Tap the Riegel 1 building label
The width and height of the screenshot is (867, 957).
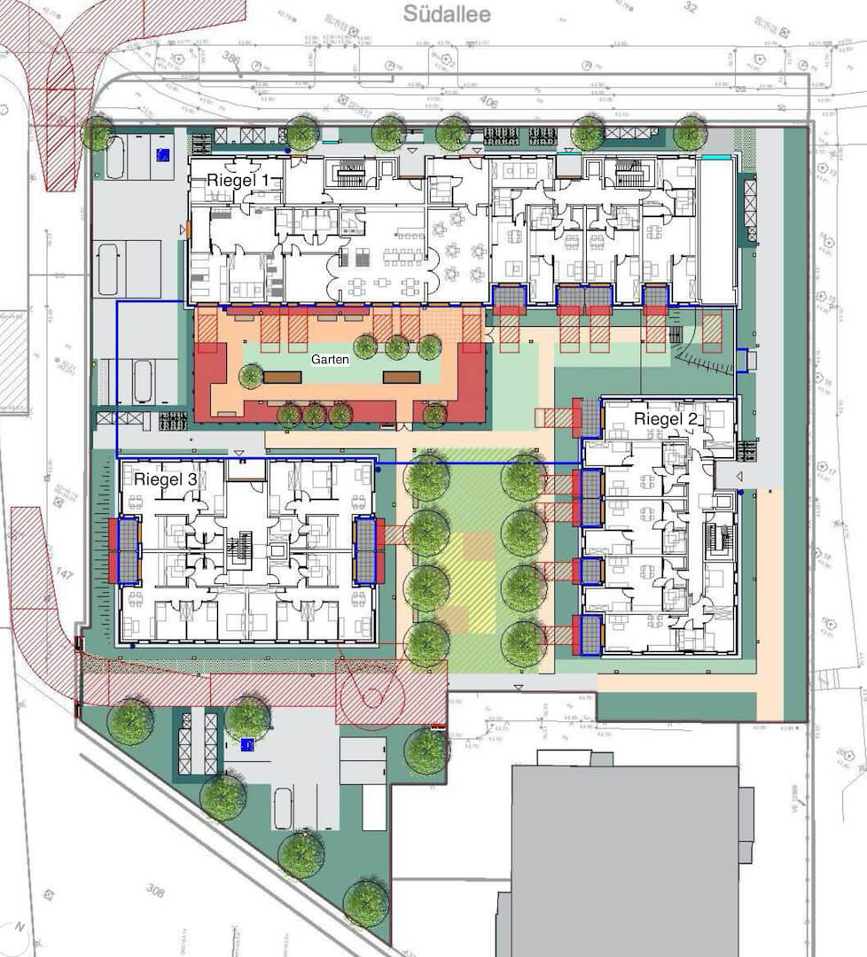pyautogui.click(x=244, y=180)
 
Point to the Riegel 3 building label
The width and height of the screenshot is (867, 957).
pyautogui.click(x=166, y=479)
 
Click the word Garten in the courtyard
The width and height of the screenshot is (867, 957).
pyautogui.click(x=330, y=361)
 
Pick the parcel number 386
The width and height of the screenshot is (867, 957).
pyautogui.click(x=233, y=59)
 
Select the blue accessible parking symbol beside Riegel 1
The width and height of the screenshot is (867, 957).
pyautogui.click(x=162, y=154)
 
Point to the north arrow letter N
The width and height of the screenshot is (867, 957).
pyautogui.click(x=16, y=929)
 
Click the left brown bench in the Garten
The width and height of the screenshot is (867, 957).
pyautogui.click(x=282, y=377)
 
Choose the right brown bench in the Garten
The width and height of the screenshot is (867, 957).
pyautogui.click(x=402, y=377)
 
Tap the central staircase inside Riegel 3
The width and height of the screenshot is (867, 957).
pyautogui.click(x=237, y=549)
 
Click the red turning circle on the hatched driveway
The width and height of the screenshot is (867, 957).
pyautogui.click(x=372, y=692)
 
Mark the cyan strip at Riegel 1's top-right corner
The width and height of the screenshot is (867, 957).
pyautogui.click(x=717, y=157)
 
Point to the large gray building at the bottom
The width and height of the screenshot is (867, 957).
pyautogui.click(x=625, y=860)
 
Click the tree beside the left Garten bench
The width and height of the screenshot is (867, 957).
pyautogui.click(x=252, y=377)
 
